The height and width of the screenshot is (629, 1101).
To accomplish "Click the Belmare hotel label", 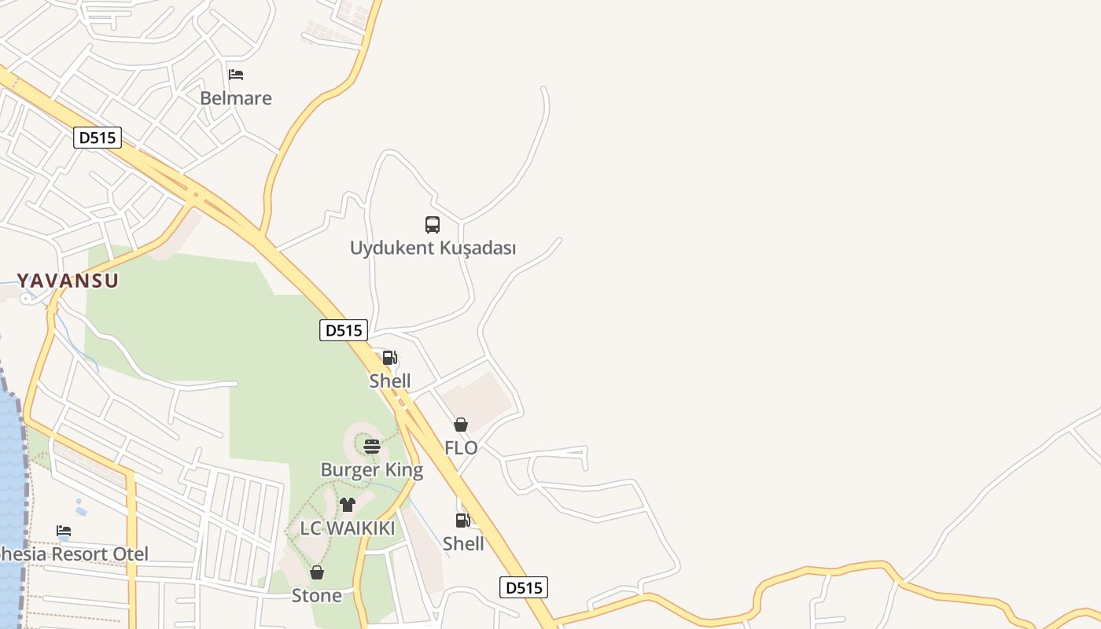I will click(235, 98).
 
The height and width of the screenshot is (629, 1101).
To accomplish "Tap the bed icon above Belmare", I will click(236, 75).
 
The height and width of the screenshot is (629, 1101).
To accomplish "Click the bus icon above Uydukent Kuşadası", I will click(433, 225).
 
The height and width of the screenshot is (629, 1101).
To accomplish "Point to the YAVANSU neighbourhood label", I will click(68, 281).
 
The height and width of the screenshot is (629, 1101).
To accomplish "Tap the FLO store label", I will click(461, 448).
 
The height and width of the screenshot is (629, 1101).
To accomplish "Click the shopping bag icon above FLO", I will click(461, 425).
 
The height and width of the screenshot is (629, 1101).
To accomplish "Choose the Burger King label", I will click(371, 470).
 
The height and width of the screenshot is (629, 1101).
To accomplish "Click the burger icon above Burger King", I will click(372, 447).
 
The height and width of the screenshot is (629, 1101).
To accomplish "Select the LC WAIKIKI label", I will click(348, 528).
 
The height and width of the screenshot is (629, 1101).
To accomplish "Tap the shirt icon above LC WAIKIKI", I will click(348, 505).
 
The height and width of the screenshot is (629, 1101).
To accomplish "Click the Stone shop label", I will click(317, 596).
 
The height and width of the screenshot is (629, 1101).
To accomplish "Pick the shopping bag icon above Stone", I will click(317, 572).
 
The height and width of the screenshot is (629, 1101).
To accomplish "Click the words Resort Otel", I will click(98, 554).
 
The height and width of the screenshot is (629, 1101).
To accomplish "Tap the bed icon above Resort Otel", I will click(64, 531).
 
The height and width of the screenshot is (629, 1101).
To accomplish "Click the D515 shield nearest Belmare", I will click(98, 138).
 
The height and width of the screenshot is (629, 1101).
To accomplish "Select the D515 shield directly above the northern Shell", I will click(344, 330).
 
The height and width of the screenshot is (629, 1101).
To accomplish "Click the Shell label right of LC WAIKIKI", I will click(463, 544).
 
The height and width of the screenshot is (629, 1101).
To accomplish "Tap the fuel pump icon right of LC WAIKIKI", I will click(462, 520).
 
